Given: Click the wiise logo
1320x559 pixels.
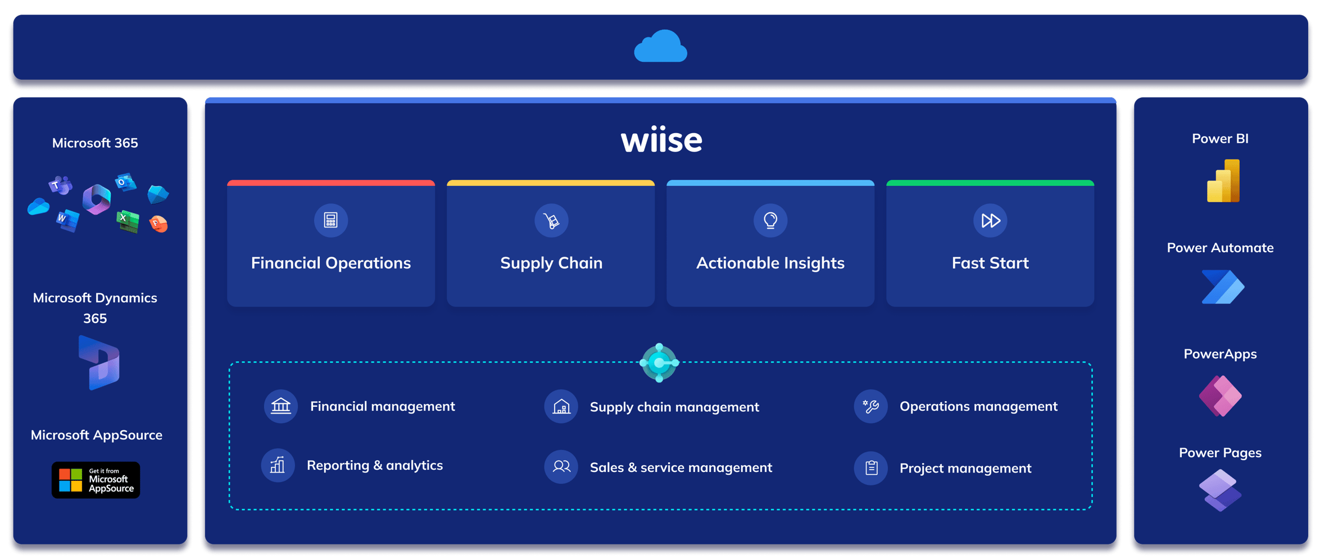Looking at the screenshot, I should click(661, 140).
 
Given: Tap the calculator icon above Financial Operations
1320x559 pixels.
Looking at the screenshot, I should click(331, 220).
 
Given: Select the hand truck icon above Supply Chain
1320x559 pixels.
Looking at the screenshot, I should click(551, 220).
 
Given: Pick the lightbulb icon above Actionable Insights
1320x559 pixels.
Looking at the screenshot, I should click(770, 220).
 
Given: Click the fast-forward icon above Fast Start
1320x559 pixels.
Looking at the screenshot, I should click(990, 220).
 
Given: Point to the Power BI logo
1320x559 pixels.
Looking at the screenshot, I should click(1223, 181).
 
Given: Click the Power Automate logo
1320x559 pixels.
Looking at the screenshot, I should click(1223, 287).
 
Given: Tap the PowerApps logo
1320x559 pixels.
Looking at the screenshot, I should click(1220, 396).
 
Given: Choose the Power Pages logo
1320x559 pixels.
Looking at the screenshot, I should click(1220, 490).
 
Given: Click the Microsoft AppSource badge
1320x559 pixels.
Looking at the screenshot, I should click(96, 480).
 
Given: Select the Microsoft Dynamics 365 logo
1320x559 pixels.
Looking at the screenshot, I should click(99, 363).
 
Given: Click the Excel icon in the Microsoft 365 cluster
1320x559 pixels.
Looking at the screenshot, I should click(128, 220).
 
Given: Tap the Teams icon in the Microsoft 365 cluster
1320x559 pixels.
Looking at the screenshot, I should click(60, 185).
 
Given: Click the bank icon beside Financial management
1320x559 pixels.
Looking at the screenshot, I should click(281, 406).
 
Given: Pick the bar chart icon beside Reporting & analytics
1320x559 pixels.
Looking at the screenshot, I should click(278, 465).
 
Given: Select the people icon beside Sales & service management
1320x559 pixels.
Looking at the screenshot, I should click(561, 467).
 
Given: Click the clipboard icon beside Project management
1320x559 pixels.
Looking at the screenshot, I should click(871, 467).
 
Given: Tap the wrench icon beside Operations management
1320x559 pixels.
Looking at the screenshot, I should click(871, 406).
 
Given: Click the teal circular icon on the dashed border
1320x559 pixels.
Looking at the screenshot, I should click(660, 363).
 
